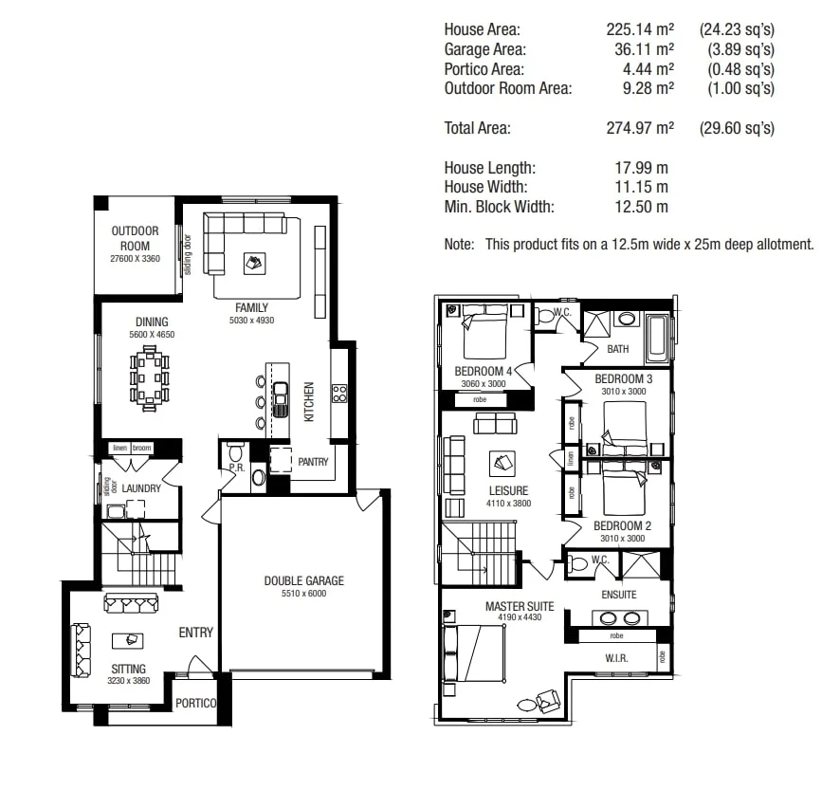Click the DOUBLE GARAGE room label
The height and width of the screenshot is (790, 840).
(x=303, y=580)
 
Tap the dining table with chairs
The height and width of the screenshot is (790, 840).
(x=149, y=377)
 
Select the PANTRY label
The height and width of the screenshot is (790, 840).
(x=313, y=462)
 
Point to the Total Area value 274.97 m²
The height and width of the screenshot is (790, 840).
(x=640, y=128)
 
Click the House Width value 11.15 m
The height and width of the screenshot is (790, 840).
(x=641, y=187)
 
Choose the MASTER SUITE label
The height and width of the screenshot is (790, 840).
(x=519, y=606)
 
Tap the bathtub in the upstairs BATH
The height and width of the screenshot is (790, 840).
(x=657, y=340)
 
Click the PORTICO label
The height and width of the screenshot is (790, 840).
(x=196, y=703)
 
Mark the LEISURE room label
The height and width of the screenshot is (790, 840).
(x=508, y=491)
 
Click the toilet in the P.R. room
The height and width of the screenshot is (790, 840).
(x=236, y=451)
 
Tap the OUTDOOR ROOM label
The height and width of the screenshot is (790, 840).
(x=135, y=238)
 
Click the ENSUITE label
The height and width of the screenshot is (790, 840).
(x=618, y=595)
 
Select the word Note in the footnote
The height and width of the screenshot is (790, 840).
(x=459, y=245)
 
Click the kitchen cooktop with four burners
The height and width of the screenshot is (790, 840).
(x=338, y=392)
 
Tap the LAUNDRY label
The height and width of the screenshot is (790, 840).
(x=141, y=487)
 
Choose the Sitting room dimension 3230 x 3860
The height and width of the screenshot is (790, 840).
(x=129, y=681)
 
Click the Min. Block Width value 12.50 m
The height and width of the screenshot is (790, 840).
(x=641, y=207)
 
